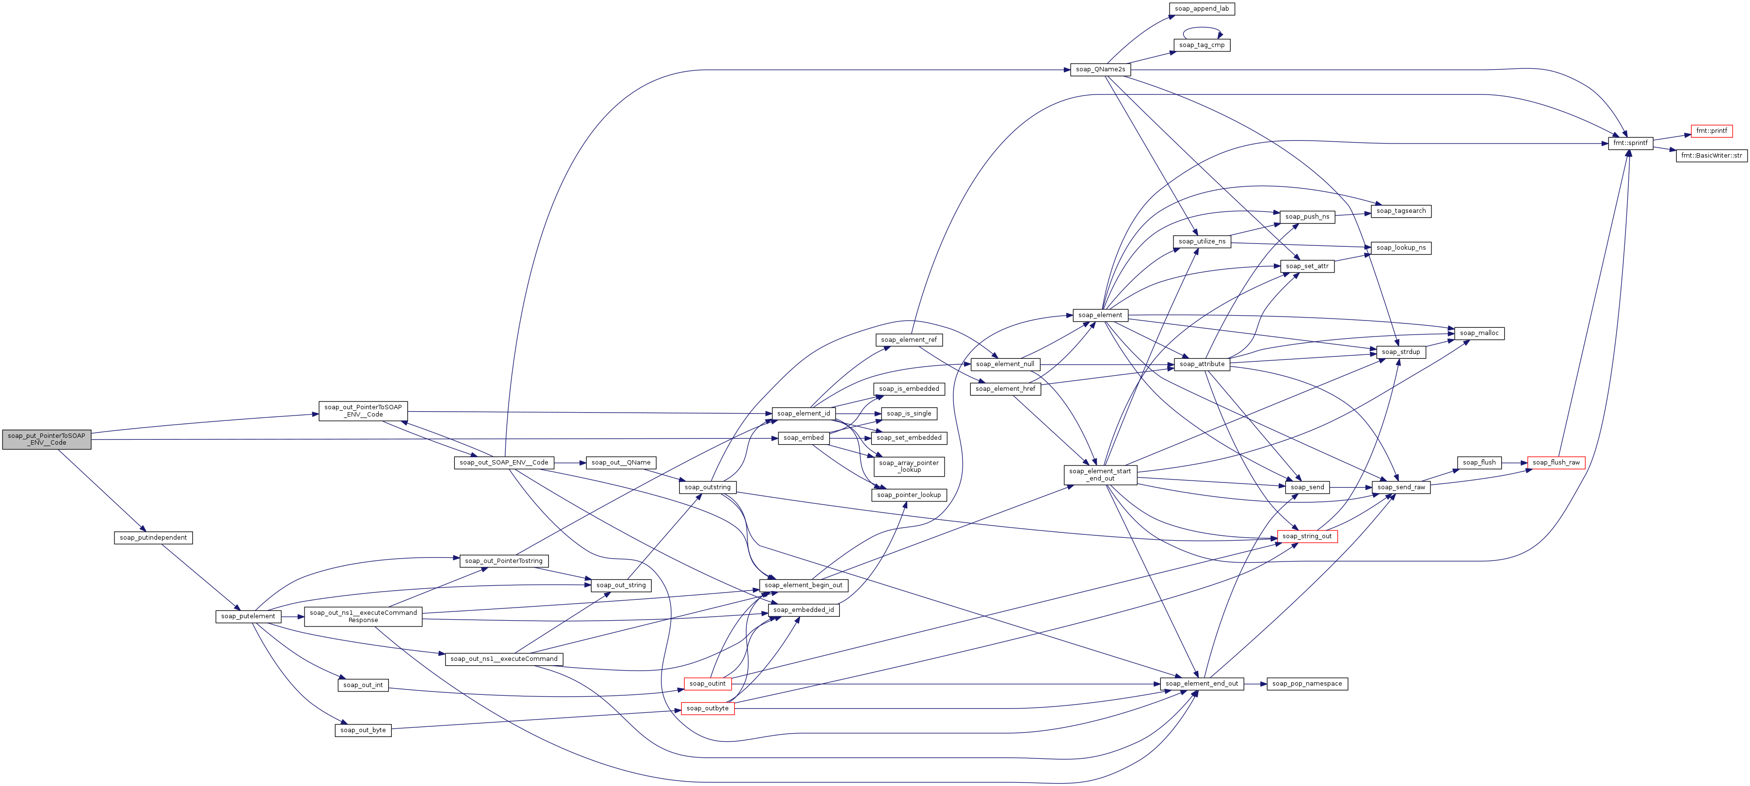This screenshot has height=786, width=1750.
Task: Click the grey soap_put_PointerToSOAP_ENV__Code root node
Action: pyautogui.click(x=46, y=439)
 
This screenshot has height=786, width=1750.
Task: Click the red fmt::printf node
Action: pyautogui.click(x=1711, y=131)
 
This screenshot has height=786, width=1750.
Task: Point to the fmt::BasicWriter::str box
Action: pyautogui.click(x=1711, y=156)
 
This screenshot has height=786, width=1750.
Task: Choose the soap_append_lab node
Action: pyautogui.click(x=1201, y=9)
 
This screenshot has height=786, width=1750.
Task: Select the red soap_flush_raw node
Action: pyautogui.click(x=1556, y=463)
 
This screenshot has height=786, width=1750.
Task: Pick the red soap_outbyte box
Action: pyautogui.click(x=707, y=708)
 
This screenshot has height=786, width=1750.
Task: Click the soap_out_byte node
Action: pyautogui.click(x=363, y=730)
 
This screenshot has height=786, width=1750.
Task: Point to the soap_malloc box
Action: pyautogui.click(x=1479, y=334)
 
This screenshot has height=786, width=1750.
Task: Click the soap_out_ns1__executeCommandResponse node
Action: pyautogui.click(x=363, y=617)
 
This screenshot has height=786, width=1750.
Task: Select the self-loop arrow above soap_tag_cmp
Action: pyautogui.click(x=1202, y=29)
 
